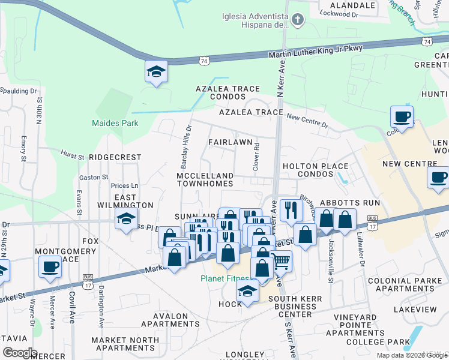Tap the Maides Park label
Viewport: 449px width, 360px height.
point(115,124)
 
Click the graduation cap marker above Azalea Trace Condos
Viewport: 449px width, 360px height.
point(156,72)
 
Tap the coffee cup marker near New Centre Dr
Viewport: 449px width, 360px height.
point(402,116)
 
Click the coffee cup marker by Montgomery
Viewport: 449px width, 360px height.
point(50,265)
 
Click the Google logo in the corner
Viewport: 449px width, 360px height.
point(19,353)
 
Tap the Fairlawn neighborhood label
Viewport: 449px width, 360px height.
point(230,142)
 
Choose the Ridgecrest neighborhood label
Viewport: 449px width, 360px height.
point(115,157)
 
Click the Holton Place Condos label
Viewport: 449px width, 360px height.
point(316,170)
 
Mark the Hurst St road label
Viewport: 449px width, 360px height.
point(72,154)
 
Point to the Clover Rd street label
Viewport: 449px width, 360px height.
point(256,155)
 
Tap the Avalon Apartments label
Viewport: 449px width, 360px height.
point(170,320)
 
